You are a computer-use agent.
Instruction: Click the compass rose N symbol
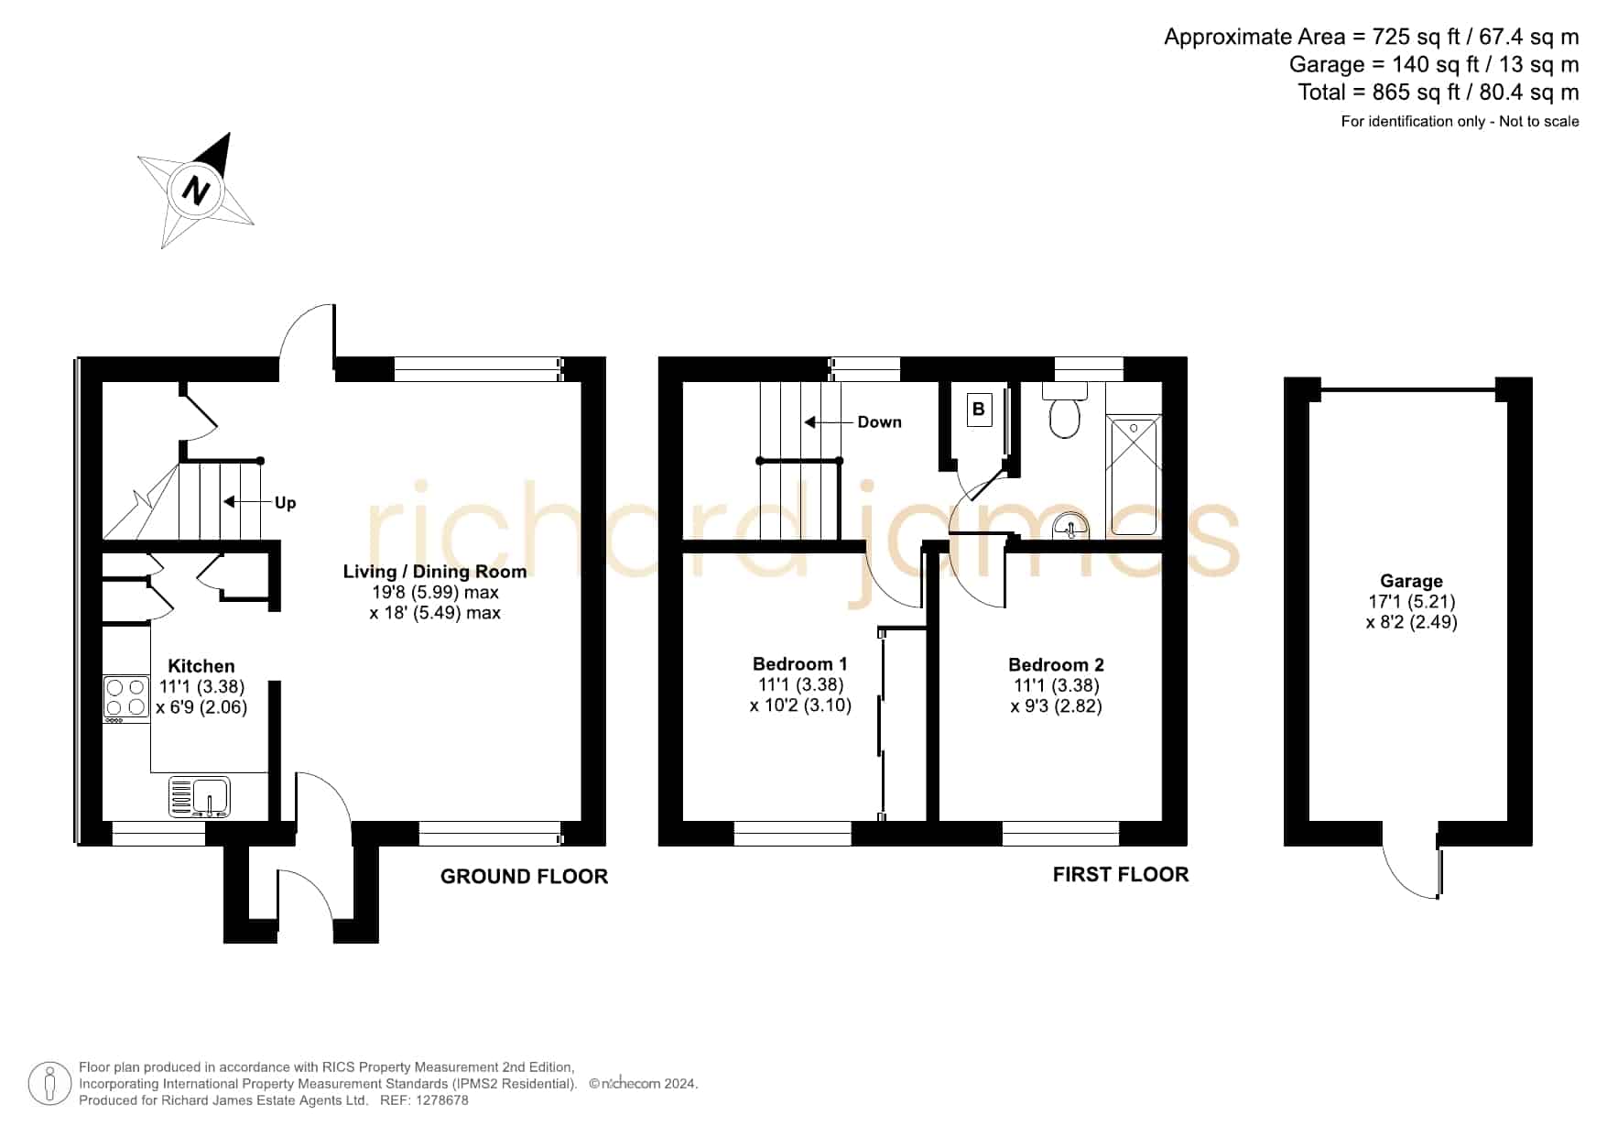(x=196, y=191)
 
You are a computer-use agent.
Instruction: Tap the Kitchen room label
(x=201, y=666)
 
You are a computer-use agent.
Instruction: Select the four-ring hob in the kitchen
(x=126, y=697)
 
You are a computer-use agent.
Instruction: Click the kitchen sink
(x=201, y=796)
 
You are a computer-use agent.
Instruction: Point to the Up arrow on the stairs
(x=243, y=502)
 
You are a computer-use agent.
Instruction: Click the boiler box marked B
(x=979, y=410)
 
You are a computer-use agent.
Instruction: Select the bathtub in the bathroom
(x=1134, y=476)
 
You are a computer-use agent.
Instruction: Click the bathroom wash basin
(x=1070, y=528)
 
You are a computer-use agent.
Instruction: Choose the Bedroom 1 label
(x=800, y=663)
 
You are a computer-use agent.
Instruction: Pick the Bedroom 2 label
(x=1057, y=664)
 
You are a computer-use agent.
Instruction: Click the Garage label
(x=1411, y=581)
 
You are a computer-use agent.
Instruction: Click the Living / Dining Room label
(x=435, y=572)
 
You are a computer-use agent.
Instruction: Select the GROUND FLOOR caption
(x=524, y=877)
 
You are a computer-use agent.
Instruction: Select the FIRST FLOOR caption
(x=1121, y=875)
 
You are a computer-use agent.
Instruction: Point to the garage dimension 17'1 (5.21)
(x=1411, y=602)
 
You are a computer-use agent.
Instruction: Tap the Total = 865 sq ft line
(x=1439, y=93)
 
